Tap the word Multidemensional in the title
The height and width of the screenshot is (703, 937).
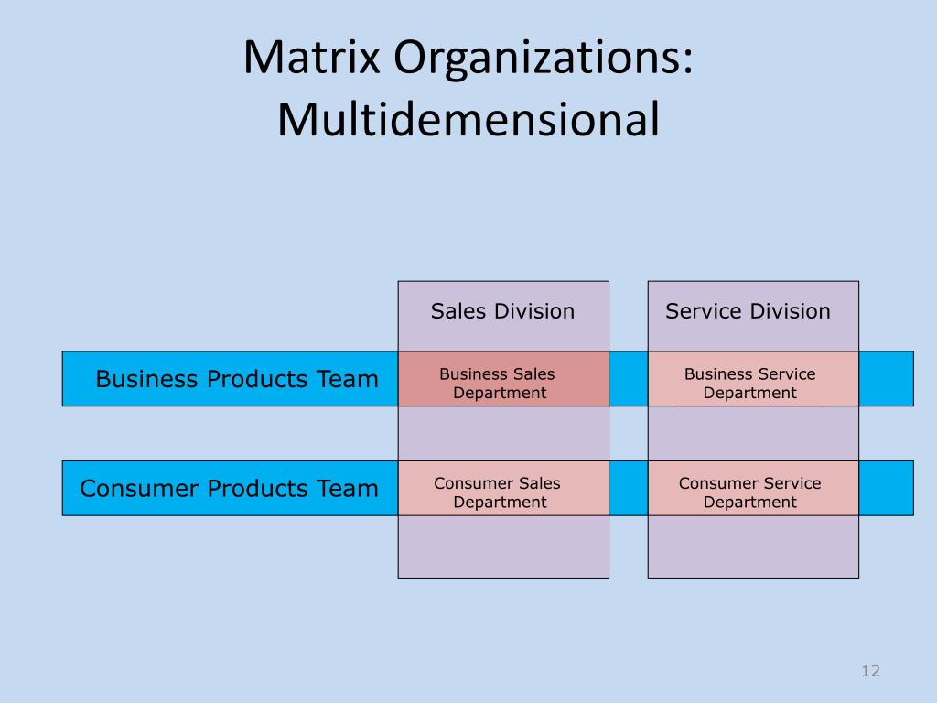click(x=468, y=120)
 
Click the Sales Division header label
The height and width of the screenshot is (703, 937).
click(x=502, y=311)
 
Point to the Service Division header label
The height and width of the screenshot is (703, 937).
click(x=748, y=311)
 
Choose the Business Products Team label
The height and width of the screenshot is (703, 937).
click(x=237, y=378)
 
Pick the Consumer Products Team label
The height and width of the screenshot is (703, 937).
click(x=229, y=488)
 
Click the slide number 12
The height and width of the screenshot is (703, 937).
click(x=870, y=671)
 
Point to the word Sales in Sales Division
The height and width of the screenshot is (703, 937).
click(x=459, y=311)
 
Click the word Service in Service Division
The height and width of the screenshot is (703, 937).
click(x=703, y=311)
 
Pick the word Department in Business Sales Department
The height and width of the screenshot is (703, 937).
click(x=500, y=393)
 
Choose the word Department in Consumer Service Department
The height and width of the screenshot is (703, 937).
click(x=749, y=503)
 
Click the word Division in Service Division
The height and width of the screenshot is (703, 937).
click(x=790, y=311)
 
